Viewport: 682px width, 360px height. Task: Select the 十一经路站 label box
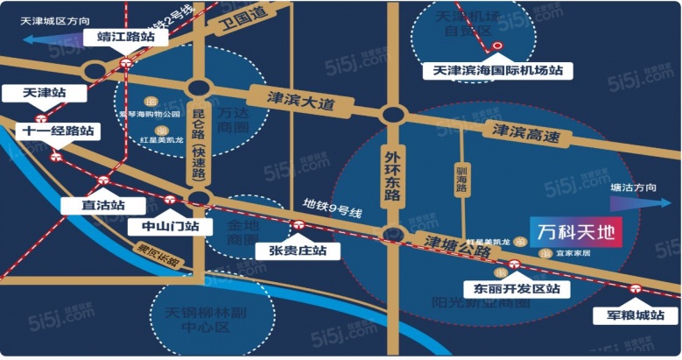(x=58, y=131)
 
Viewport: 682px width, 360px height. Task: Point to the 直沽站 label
(x=91, y=205)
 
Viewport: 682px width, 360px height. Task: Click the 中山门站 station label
(x=170, y=226)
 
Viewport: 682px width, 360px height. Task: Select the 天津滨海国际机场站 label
(x=492, y=70)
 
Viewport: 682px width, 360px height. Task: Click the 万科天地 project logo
(x=578, y=233)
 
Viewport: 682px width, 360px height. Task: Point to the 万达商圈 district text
(x=233, y=120)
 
